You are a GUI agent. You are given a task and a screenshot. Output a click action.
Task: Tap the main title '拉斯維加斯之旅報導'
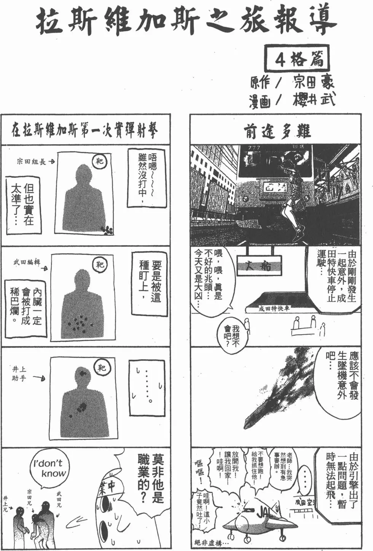point(186,21)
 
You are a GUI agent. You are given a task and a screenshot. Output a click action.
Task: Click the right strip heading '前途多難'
point(277,131)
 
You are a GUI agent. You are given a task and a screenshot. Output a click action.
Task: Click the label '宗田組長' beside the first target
point(31,162)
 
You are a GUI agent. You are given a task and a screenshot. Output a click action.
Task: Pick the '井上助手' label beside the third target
point(19,373)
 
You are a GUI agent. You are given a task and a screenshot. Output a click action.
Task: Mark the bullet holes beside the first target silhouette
point(107,229)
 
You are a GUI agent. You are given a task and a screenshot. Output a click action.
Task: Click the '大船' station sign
point(260,266)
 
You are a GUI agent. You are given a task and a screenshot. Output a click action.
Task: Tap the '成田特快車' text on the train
point(274,308)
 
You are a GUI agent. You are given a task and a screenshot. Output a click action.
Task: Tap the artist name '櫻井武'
point(314,100)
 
